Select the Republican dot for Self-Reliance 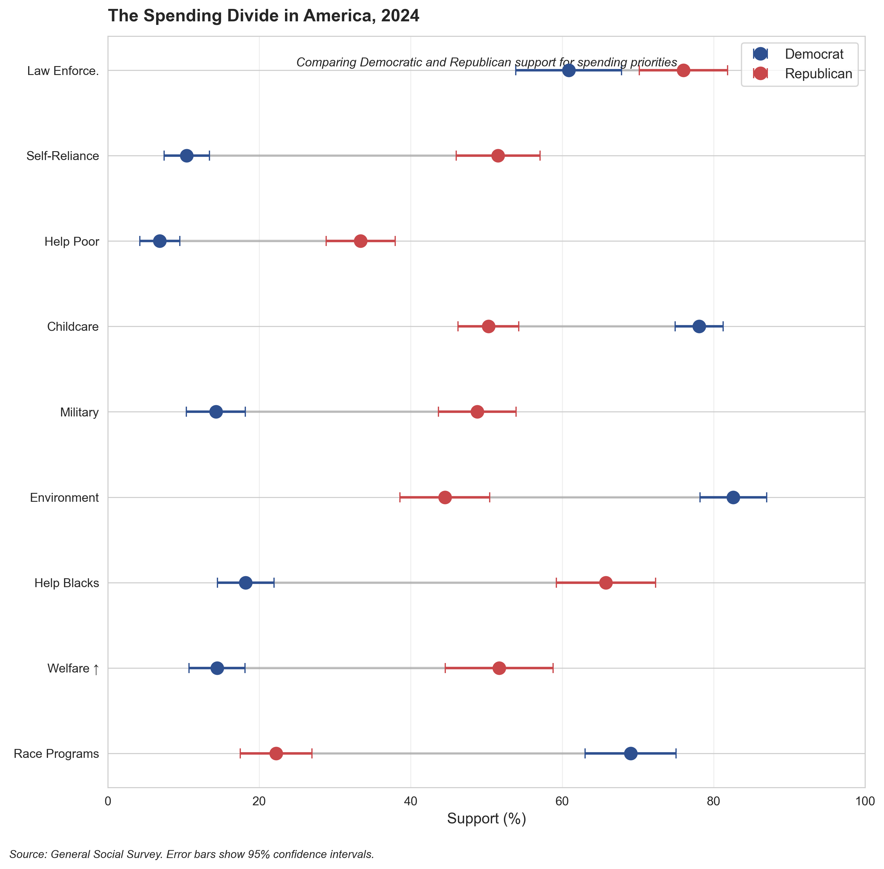(498, 156)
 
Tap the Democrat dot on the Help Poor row (160, 241)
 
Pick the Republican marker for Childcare (489, 326)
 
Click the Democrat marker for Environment (733, 498)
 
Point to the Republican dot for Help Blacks (606, 583)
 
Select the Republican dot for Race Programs (276, 753)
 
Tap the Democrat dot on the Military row (216, 412)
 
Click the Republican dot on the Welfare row (499, 668)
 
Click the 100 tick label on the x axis (864, 802)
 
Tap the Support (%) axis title (486, 819)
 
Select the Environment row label (64, 498)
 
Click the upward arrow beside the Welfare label (96, 669)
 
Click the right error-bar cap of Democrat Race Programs (676, 753)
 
